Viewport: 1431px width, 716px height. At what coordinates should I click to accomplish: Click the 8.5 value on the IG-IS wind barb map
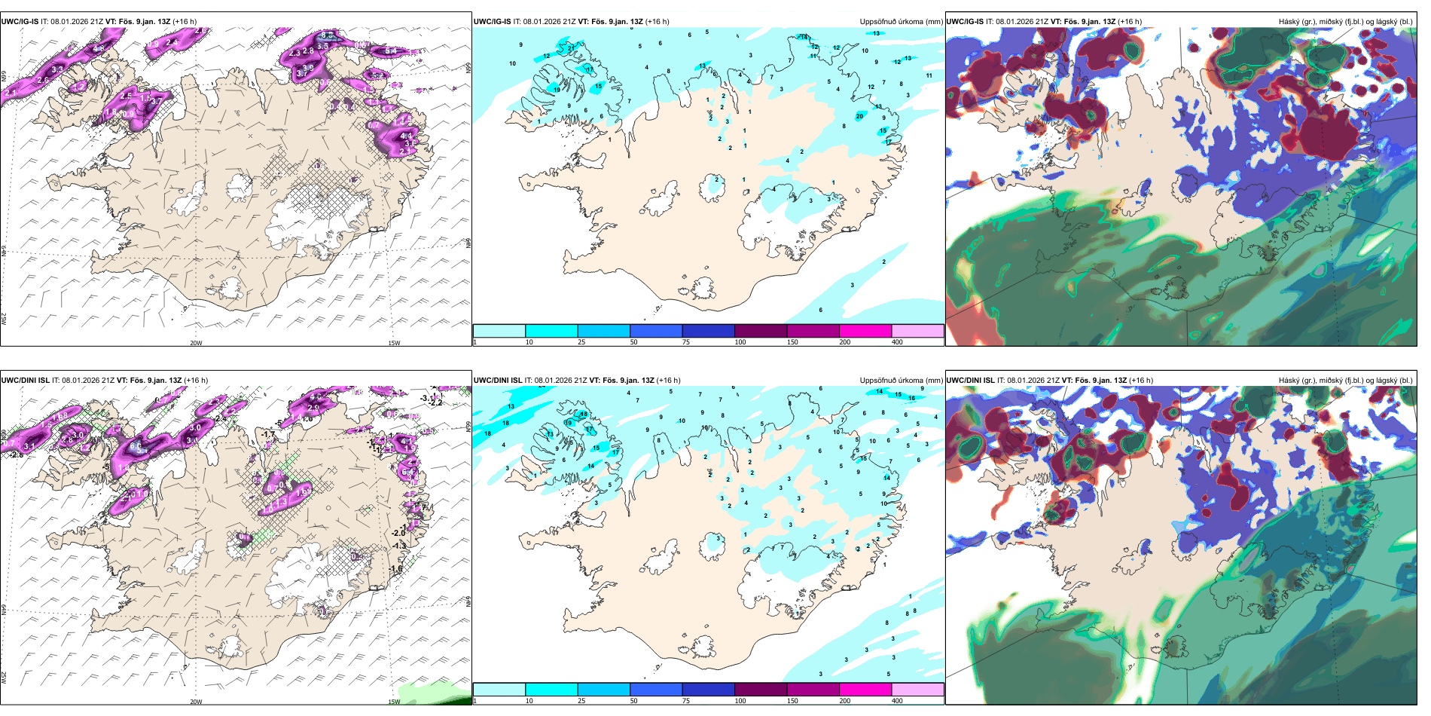[x=327, y=35]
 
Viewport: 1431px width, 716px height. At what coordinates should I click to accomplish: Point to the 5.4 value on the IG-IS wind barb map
[x=390, y=51]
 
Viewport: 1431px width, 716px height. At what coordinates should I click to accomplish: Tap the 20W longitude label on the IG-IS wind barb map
[x=196, y=343]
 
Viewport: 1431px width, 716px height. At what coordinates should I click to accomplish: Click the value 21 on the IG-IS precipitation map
[x=571, y=48]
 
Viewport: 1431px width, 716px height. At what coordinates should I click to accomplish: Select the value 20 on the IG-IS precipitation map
[x=859, y=116]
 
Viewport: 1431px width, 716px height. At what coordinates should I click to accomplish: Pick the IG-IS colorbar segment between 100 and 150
[x=761, y=331]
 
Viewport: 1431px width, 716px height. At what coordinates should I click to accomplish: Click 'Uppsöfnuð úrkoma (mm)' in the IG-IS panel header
[x=901, y=22]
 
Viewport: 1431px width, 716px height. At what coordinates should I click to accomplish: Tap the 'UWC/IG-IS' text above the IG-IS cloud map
[x=965, y=22]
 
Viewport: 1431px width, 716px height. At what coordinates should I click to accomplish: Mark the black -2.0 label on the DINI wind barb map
[x=398, y=533]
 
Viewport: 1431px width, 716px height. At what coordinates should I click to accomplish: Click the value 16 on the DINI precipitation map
[x=911, y=398]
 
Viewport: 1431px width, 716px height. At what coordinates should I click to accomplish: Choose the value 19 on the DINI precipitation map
[x=569, y=424]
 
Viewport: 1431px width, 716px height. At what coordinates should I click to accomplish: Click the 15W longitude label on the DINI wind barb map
[x=394, y=702]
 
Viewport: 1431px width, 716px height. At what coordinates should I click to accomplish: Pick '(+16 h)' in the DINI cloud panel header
[x=1140, y=381]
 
